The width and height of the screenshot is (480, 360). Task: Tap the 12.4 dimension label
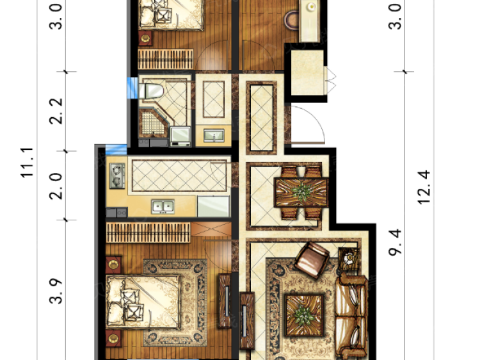424,187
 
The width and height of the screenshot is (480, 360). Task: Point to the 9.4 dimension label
395,242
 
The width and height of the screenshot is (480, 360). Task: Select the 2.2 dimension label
56,111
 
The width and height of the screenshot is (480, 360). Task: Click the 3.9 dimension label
56,291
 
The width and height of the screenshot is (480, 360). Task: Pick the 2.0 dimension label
56,186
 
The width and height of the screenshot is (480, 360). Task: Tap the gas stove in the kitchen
117,176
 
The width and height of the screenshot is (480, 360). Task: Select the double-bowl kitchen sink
163,206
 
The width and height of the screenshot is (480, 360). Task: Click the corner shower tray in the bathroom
153,123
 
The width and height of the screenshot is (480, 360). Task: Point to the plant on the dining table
302,192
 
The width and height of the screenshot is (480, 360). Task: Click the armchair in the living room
312,259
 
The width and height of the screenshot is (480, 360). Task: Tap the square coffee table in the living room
304,315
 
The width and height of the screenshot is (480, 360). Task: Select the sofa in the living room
351,315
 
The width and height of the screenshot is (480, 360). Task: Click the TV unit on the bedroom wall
225,301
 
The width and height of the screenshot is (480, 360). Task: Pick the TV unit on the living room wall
247,320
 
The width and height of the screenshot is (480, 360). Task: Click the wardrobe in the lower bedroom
148,233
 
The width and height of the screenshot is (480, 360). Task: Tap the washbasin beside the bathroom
214,135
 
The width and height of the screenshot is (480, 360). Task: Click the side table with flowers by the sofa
349,258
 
